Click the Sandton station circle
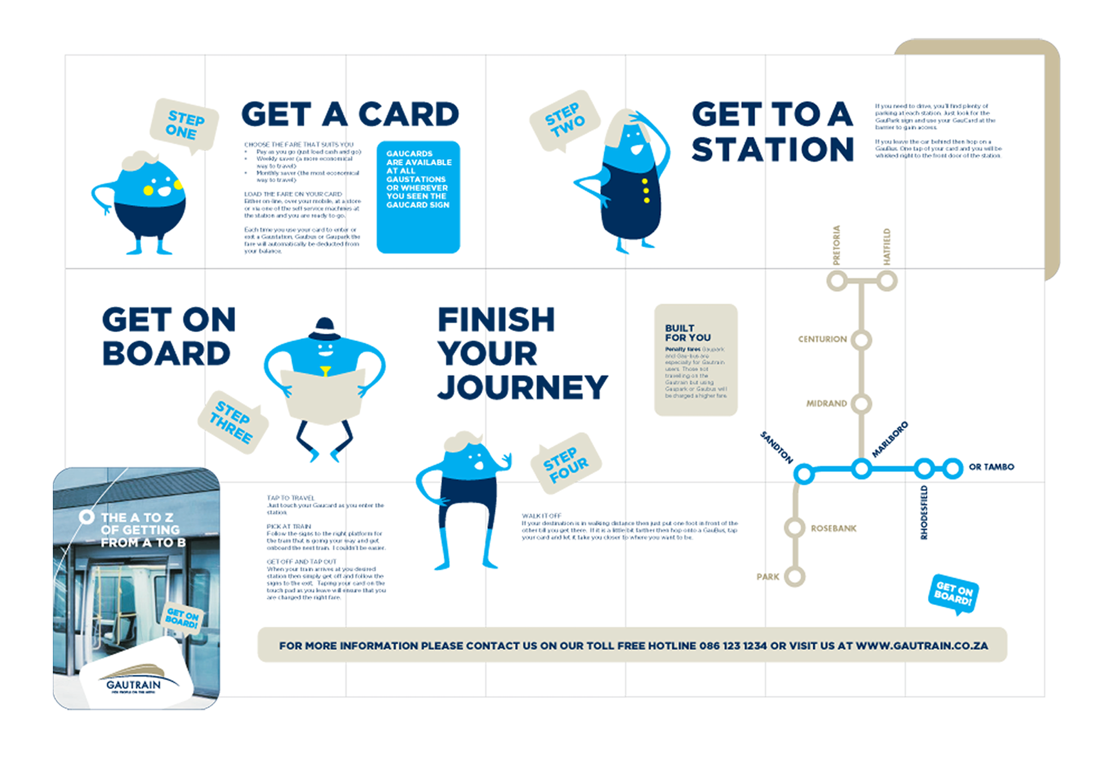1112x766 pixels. pyautogui.click(x=803, y=474)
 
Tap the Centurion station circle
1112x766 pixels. pyautogui.click(x=861, y=340)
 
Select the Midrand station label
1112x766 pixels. pyautogui.click(x=826, y=404)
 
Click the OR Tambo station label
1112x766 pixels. pyautogui.click(x=991, y=467)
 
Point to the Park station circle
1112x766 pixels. pyautogui.click(x=795, y=577)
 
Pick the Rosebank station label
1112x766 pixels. pyautogui.click(x=833, y=529)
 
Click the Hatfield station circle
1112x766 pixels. pyautogui.click(x=886, y=281)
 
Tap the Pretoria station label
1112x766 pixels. pyautogui.click(x=836, y=245)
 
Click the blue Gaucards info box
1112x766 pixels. pyautogui.click(x=418, y=197)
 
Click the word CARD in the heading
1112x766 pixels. pyautogui.click(x=408, y=114)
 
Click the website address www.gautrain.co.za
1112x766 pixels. pyautogui.click(x=921, y=646)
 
